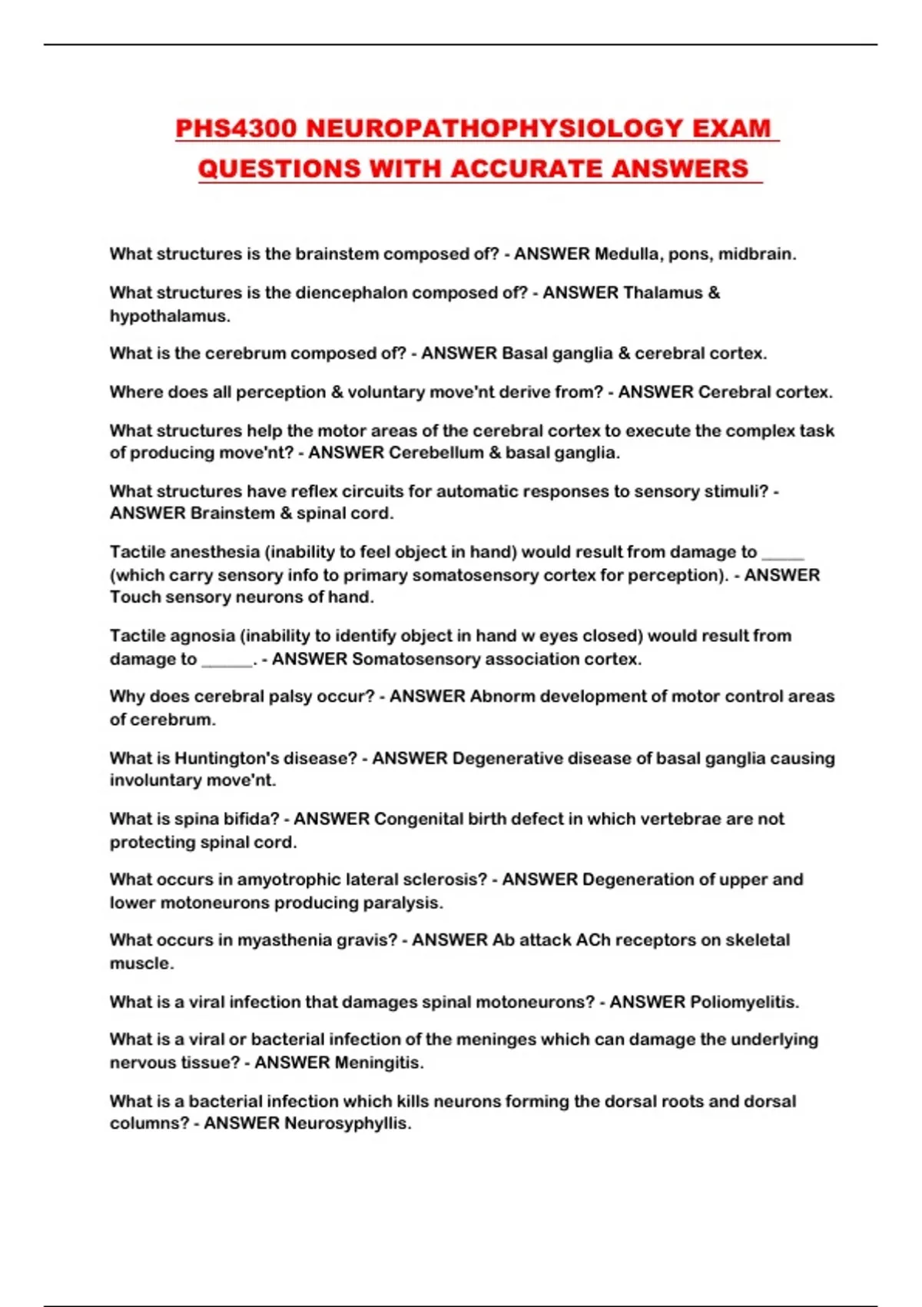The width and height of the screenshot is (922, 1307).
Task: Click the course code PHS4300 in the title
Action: click(x=236, y=128)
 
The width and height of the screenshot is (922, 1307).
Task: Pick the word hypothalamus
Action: click(x=169, y=316)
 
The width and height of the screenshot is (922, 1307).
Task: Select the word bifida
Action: click(x=251, y=819)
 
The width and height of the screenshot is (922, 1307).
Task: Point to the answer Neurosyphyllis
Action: click(x=348, y=1124)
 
